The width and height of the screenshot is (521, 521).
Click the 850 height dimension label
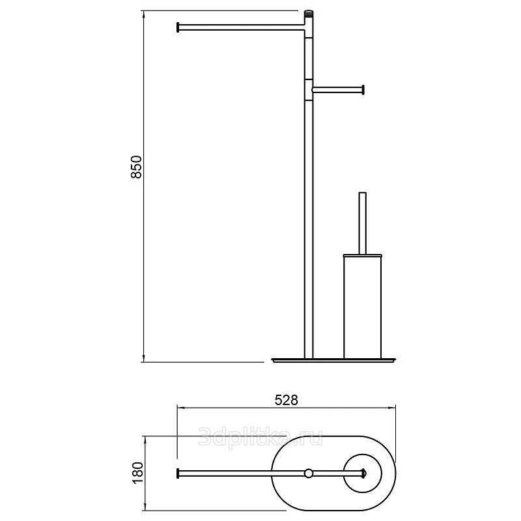pos(137,167)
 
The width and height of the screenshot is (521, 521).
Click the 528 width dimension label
pos(287,401)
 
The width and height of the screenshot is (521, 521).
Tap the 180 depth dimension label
pos(137,473)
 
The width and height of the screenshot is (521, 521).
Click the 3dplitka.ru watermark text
pos(260,436)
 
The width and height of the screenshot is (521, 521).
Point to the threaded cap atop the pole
pos(309,14)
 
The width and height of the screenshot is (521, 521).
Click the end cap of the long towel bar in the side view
pos(178,27)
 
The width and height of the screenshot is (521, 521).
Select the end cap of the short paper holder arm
pos(363,90)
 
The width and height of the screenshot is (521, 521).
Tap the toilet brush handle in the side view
pos(363,223)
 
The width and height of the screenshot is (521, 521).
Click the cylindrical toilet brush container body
pos(363,307)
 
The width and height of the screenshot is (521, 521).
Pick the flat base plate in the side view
pos(333,360)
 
